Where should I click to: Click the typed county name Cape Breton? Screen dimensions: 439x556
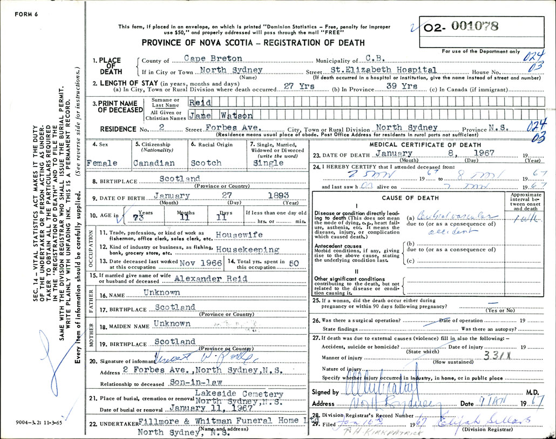pyautogui.click(x=206, y=58)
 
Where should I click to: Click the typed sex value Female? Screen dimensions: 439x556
pyautogui.click(x=103, y=163)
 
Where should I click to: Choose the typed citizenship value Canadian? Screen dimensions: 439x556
pyautogui.click(x=154, y=163)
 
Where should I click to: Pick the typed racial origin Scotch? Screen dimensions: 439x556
pyautogui.click(x=206, y=163)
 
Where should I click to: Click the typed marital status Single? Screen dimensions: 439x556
pyautogui.click(x=268, y=163)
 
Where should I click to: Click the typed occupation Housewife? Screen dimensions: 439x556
pyautogui.click(x=239, y=235)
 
